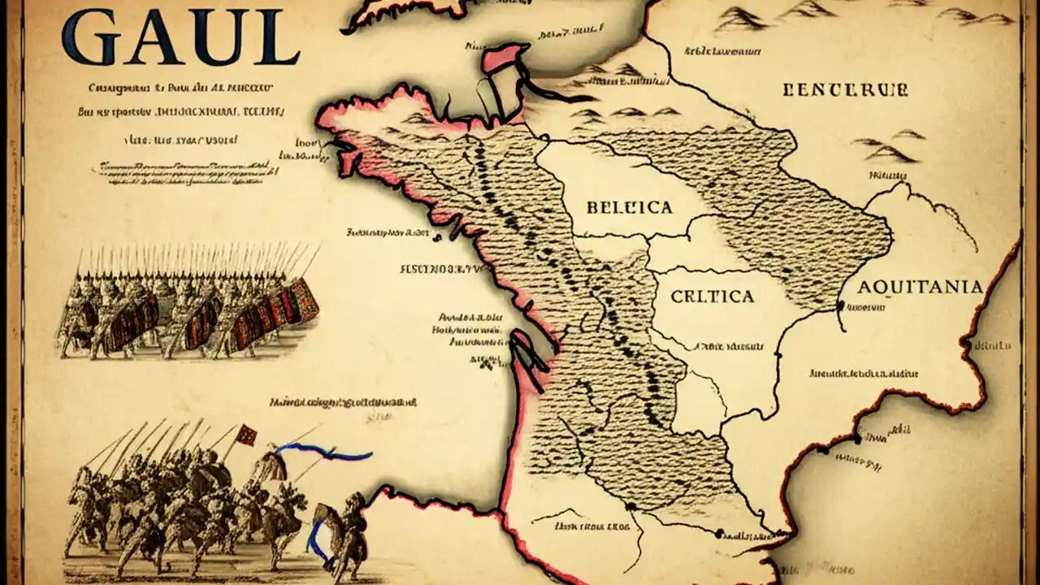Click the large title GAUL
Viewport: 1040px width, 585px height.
pos(180,37)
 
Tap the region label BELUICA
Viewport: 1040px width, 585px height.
pos(629,208)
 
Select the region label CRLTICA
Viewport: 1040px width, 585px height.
pos(713,297)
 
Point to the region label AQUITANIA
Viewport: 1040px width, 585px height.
pos(920,287)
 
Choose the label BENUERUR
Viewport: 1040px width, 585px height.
pos(845,90)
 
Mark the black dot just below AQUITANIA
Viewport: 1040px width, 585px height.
pos(839,307)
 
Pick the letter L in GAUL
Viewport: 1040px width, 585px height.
pos(278,37)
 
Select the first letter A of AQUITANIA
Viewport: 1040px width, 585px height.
pos(865,288)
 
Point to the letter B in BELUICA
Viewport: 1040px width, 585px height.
pos(591,208)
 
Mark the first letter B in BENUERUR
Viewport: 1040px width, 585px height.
pos(788,90)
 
